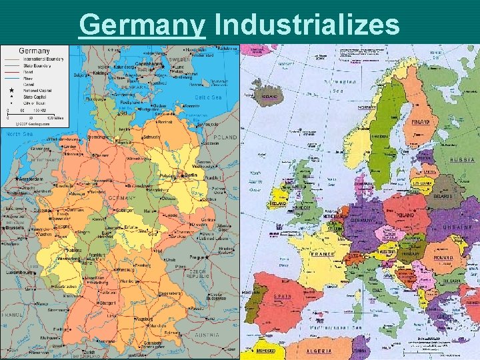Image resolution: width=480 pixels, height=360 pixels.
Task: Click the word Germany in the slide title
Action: click(x=141, y=25)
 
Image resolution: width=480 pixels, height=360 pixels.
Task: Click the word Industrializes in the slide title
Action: click(x=307, y=25)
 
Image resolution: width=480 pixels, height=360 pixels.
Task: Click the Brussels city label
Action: click(x=14, y=227)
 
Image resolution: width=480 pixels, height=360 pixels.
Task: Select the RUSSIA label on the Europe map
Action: click(x=462, y=160)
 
